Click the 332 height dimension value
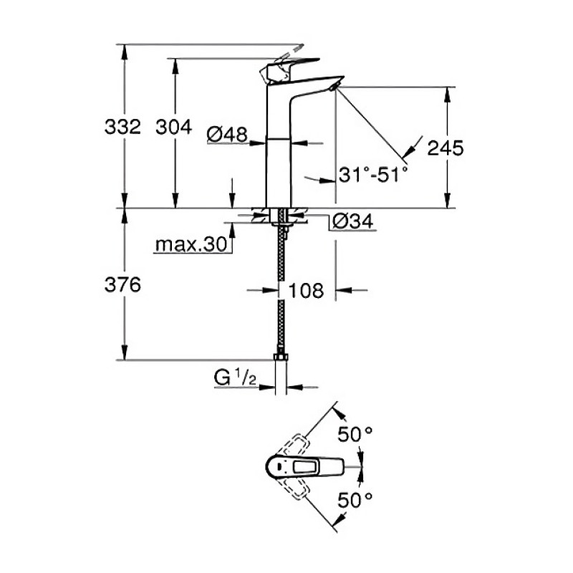122,127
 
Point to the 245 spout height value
446,148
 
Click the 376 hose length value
122,284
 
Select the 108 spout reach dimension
306,290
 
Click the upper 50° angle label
356,434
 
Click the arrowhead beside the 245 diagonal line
408,150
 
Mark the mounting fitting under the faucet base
283,218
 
